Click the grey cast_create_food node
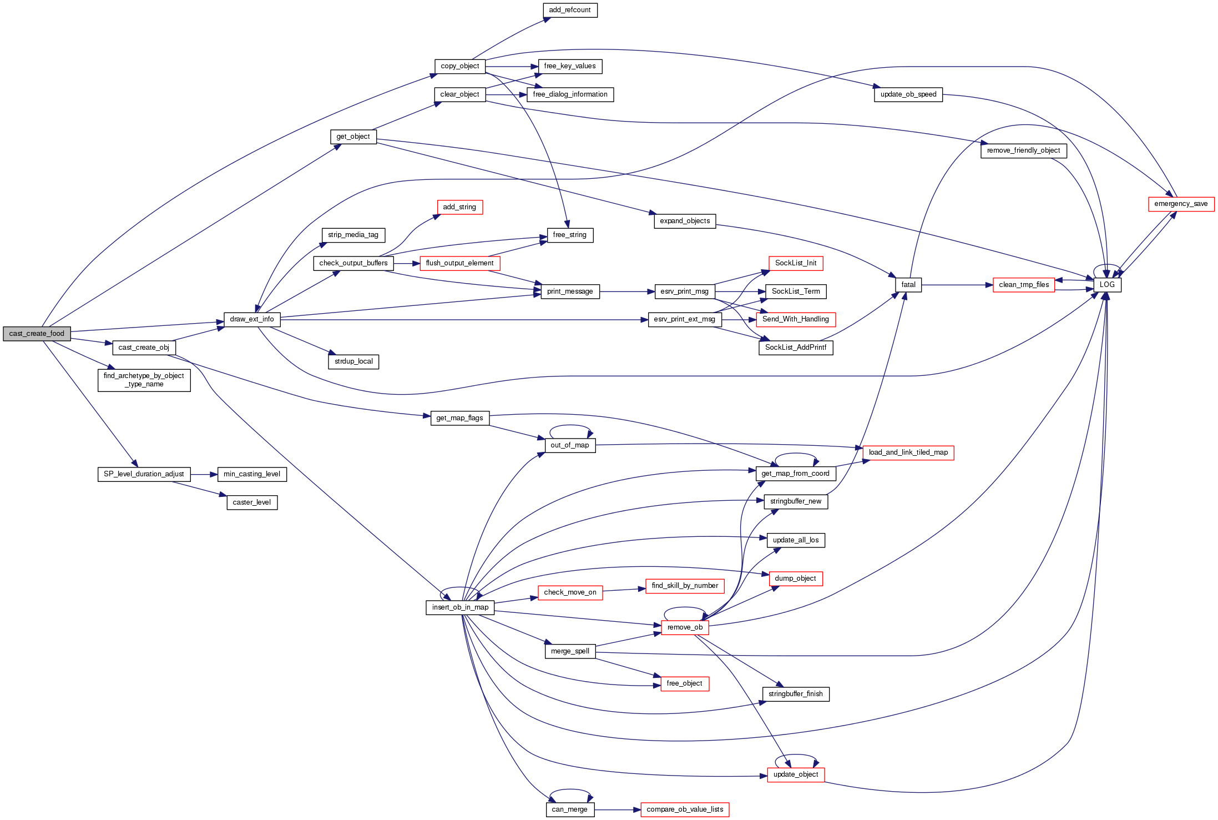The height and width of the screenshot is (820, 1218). pos(37,334)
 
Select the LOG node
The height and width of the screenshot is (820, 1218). pos(1107,285)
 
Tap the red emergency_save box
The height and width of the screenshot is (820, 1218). pos(1181,204)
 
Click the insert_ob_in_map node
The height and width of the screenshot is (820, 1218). pos(460,607)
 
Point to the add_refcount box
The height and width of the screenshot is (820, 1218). pos(569,10)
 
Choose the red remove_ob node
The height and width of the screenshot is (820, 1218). pos(685,627)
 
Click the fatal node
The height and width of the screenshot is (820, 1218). pos(908,285)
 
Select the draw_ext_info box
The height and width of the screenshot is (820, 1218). pos(252,319)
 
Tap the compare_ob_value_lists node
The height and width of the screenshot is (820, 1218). pos(685,809)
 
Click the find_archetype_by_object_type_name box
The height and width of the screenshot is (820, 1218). pos(144,380)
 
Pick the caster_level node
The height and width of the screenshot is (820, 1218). pos(252,502)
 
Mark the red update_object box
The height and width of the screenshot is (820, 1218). pos(796,774)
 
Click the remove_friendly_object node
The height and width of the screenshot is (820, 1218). pos(1023,150)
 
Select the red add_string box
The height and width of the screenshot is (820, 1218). pos(459,207)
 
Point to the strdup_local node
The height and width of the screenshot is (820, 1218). pos(353,361)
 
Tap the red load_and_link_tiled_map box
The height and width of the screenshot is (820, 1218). pos(908,452)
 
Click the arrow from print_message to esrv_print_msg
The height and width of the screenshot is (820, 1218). pos(627,291)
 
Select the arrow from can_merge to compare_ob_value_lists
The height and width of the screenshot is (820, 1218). pos(617,810)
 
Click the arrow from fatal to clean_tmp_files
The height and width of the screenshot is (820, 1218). pos(957,285)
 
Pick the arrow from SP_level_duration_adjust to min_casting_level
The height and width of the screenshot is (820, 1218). pos(204,475)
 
